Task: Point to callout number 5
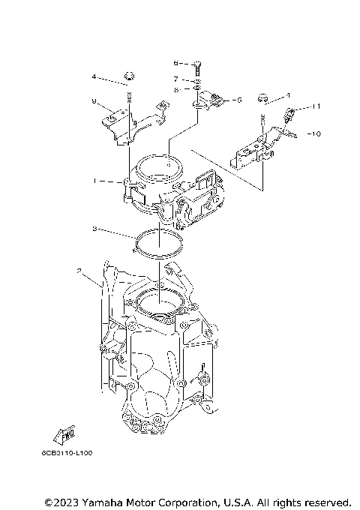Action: (x=238, y=99)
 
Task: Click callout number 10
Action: (x=316, y=133)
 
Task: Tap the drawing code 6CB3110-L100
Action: (x=67, y=454)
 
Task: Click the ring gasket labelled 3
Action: (x=159, y=243)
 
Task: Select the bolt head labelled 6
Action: (x=196, y=63)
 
